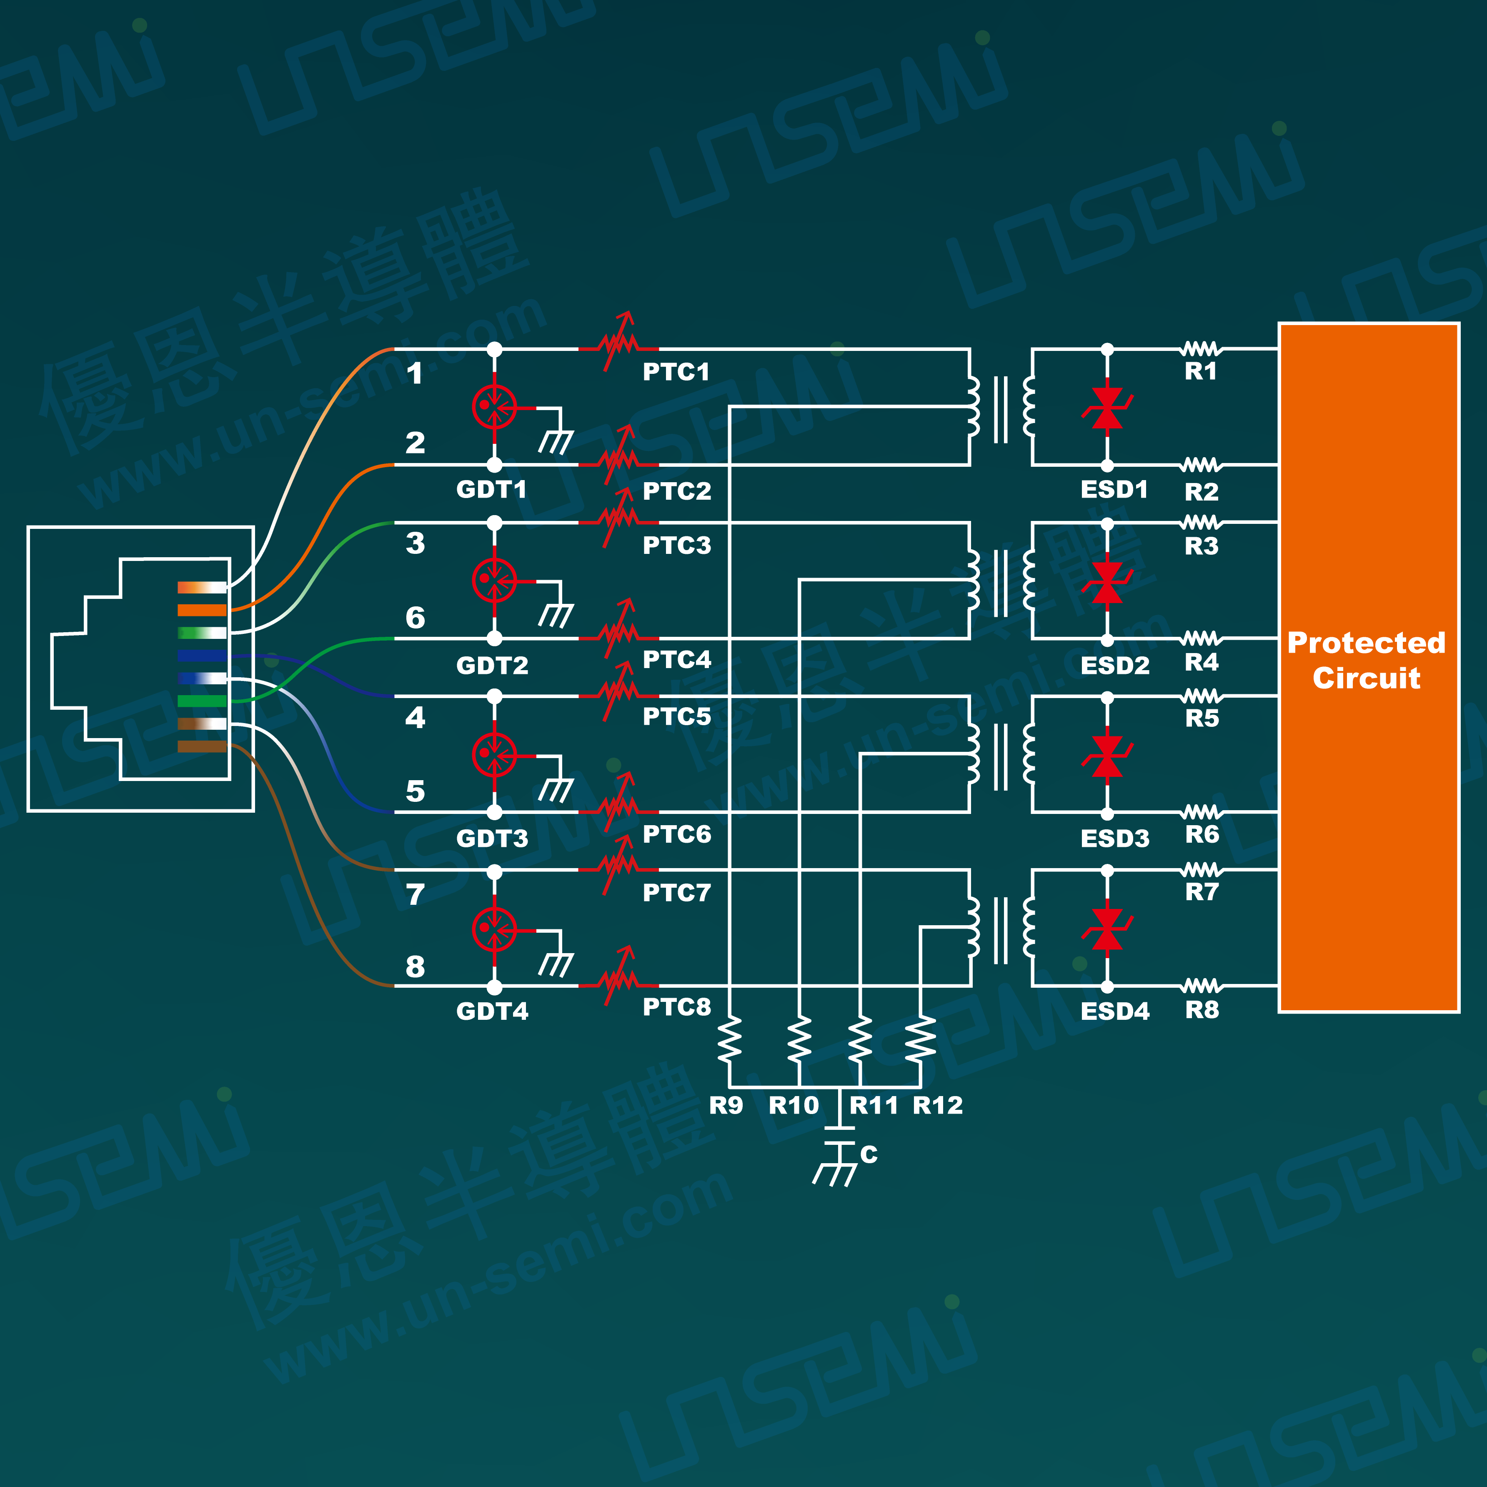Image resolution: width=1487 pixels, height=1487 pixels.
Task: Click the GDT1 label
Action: [x=491, y=490]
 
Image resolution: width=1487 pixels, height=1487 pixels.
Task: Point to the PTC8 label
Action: [x=676, y=1007]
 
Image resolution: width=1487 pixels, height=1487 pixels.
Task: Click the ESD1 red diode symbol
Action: [x=1107, y=408]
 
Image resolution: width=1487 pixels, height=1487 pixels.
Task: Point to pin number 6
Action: [x=415, y=617]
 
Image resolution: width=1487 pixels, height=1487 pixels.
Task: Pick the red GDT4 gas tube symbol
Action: [x=494, y=929]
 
